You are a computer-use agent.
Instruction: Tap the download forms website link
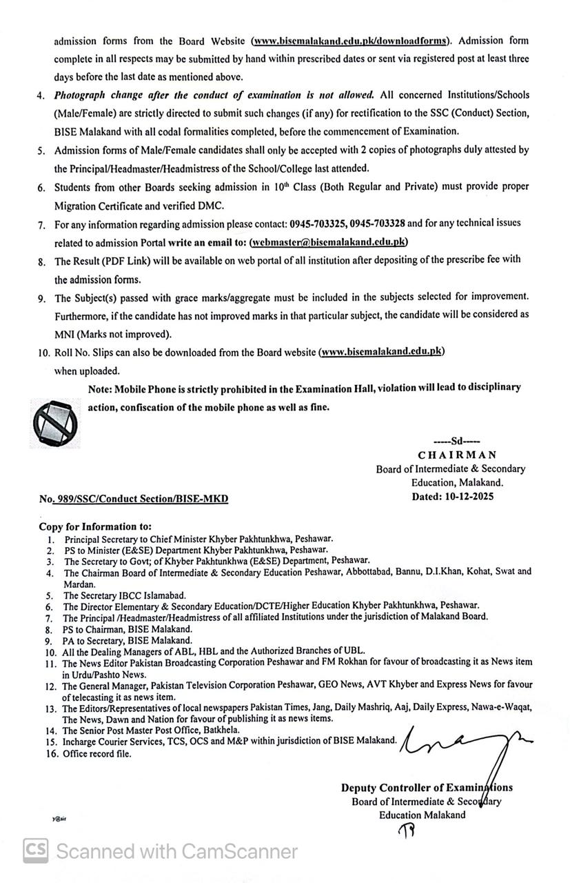350,41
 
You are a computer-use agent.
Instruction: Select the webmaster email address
329,242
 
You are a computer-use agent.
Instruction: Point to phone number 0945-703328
377,224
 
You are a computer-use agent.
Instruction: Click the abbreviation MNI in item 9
67,334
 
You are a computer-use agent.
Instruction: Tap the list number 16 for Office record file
51,754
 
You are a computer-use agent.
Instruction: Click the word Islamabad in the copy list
161,595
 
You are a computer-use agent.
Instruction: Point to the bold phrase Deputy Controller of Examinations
427,788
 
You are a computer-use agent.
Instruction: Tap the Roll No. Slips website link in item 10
382,352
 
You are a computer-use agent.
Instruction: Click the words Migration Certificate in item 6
100,206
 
